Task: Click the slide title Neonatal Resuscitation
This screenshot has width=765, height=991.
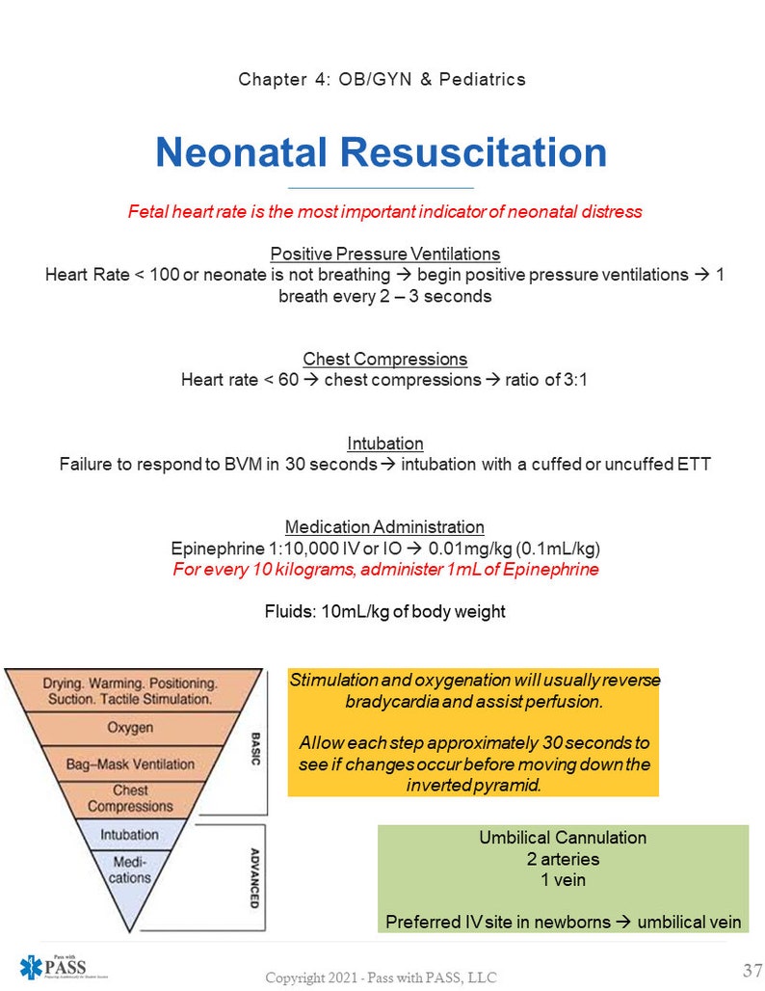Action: (382, 152)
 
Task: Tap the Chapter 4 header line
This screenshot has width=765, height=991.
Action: (382, 79)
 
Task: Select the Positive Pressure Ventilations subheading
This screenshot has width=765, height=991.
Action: (384, 254)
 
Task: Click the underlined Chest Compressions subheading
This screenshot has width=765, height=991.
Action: (384, 360)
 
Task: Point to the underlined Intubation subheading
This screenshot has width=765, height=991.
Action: (384, 443)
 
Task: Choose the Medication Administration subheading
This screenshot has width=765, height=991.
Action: (384, 527)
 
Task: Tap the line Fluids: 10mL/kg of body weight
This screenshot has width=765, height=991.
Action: (384, 611)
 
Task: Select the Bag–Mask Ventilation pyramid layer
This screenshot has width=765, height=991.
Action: (129, 764)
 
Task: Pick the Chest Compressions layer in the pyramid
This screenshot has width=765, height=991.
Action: (130, 798)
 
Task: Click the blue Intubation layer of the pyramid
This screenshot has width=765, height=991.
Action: (130, 835)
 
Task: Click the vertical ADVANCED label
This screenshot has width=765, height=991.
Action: (254, 878)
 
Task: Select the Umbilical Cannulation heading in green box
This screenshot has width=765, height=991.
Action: (563, 838)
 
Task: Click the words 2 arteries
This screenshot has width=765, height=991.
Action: (563, 859)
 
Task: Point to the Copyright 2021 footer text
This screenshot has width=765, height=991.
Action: (382, 978)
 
